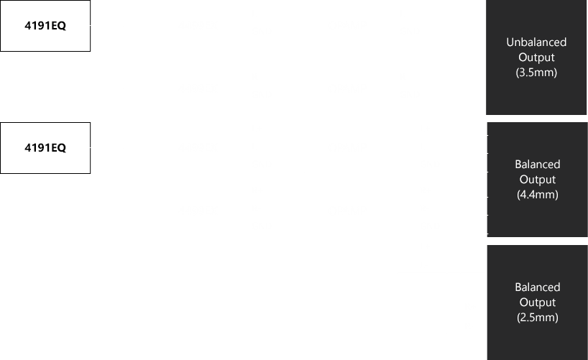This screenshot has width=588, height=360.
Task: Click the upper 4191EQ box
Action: click(x=45, y=25)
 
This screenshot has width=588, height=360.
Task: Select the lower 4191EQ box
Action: click(x=45, y=148)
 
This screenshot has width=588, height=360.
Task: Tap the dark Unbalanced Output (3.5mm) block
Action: click(x=536, y=57)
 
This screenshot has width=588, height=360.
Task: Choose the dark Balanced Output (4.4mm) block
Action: click(x=538, y=179)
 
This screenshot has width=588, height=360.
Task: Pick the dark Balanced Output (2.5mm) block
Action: click(x=538, y=303)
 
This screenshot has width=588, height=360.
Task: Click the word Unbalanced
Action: click(x=536, y=42)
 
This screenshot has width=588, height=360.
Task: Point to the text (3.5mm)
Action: click(x=536, y=72)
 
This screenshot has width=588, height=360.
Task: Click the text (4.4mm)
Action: click(x=538, y=194)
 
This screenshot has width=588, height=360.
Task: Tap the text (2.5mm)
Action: click(x=538, y=318)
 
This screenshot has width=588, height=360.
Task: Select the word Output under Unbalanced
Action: click(x=536, y=57)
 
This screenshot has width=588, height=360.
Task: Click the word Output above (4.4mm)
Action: click(x=538, y=179)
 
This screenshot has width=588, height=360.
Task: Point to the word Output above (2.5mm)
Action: click(x=538, y=303)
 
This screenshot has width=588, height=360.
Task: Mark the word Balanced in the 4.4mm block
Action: click(x=538, y=165)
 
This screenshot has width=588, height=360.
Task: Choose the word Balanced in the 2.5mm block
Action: click(x=538, y=287)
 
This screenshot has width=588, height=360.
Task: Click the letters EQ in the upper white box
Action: click(x=58, y=25)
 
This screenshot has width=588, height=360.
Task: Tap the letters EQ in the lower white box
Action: click(x=58, y=148)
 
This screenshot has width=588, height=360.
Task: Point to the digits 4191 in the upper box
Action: click(x=37, y=25)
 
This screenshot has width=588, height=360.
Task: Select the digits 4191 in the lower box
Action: click(x=37, y=148)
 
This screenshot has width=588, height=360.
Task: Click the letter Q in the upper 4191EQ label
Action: click(x=62, y=26)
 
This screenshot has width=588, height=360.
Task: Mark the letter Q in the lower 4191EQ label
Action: click(x=62, y=148)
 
